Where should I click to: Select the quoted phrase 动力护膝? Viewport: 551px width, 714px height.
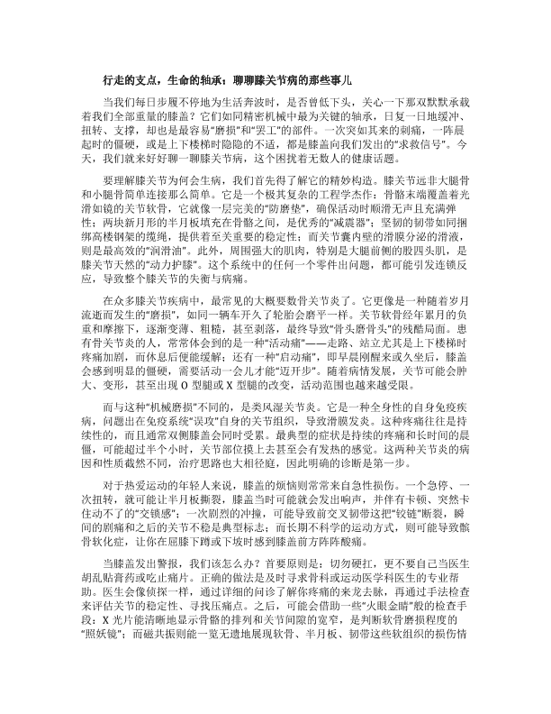pyautogui.click(x=191, y=317)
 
